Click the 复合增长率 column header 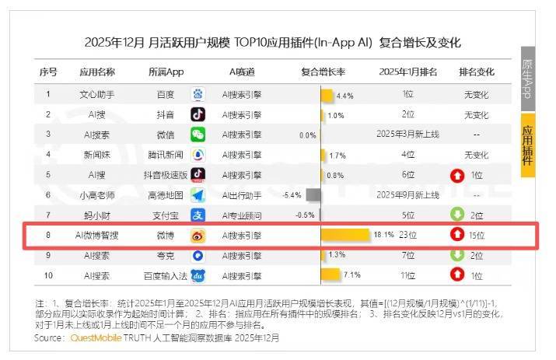(x=323, y=72)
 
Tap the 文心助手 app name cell (x=97, y=95)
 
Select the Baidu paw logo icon (x=198, y=95)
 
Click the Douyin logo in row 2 (x=198, y=114)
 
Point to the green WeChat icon (x=198, y=135)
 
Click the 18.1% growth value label (x=383, y=234)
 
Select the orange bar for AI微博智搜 (x=346, y=234)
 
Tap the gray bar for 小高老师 (x=313, y=194)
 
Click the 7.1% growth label (x=351, y=274)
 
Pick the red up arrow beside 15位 (x=457, y=234)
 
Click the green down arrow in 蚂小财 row (x=457, y=215)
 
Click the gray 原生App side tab (x=528, y=78)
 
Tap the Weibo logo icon (x=198, y=234)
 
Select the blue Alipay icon (x=198, y=215)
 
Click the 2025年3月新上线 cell (x=407, y=135)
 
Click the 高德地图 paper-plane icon (x=198, y=194)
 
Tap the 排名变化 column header (x=477, y=72)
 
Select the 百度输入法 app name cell (x=166, y=274)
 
